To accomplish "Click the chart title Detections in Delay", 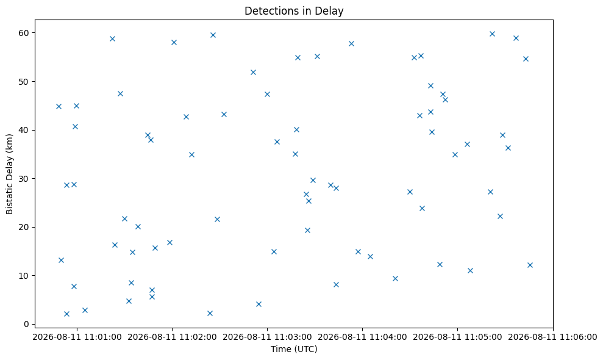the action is click(x=294, y=11).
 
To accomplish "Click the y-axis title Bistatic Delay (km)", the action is click(x=9, y=174).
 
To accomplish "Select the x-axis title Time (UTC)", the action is click(x=294, y=349).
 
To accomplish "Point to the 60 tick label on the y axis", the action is click(x=24, y=33).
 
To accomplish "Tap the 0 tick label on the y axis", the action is click(x=27, y=324).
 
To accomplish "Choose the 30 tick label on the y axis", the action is click(x=24, y=179).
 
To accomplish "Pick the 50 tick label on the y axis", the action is click(x=24, y=82).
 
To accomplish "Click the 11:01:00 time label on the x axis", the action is click(x=77, y=337).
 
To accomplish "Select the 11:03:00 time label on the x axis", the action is click(x=267, y=337).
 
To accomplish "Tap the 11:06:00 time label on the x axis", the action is click(x=553, y=337).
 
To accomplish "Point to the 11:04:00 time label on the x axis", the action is click(x=363, y=337).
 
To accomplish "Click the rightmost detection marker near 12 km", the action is click(x=530, y=265).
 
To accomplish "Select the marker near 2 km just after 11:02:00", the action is click(x=210, y=313).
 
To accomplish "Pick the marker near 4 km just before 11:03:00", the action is click(x=259, y=304).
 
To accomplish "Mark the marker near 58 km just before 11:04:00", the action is click(x=351, y=43).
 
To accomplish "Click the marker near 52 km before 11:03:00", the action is click(x=253, y=73).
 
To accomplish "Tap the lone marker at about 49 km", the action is click(x=430, y=86).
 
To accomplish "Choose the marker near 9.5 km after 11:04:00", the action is click(x=395, y=278).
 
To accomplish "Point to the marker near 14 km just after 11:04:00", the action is click(x=370, y=256).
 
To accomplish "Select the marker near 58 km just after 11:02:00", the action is click(x=174, y=42).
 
